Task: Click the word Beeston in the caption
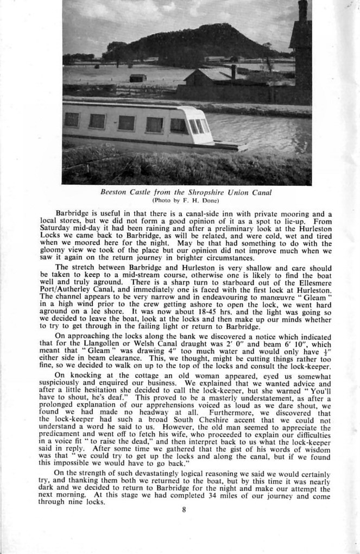coord(113,192)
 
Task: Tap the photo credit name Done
coord(210,200)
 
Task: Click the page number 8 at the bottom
coord(185,509)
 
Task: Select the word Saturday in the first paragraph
coord(56,230)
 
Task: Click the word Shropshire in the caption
coord(210,192)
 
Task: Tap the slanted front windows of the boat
coord(197,126)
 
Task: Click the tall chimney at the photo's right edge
coord(302,11)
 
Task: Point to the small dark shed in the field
coord(138,78)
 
